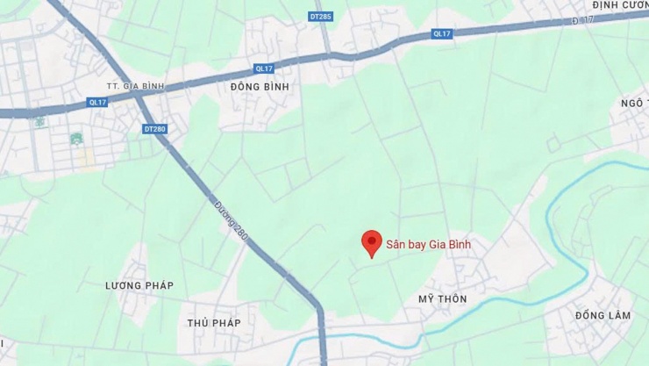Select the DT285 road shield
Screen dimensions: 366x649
(322, 16)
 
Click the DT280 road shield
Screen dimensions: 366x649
(154, 129)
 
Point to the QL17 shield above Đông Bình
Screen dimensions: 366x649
(264, 68)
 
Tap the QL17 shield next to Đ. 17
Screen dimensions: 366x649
(442, 33)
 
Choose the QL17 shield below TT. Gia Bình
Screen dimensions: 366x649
(96, 101)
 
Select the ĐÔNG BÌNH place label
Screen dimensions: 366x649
(260, 87)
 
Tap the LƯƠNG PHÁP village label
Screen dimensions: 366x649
(139, 286)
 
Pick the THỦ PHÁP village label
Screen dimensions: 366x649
(214, 323)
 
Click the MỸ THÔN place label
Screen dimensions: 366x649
(443, 299)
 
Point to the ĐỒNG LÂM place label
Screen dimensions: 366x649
(597, 315)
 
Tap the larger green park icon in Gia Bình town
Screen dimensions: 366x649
(76, 138)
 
